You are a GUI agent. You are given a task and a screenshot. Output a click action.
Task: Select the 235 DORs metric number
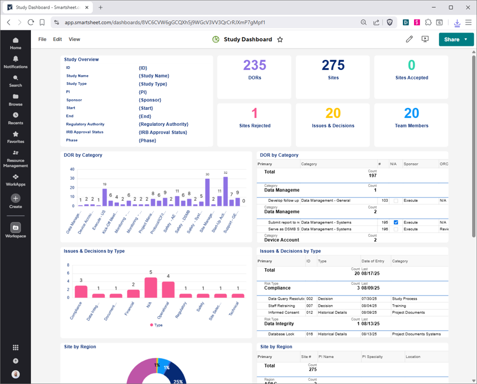click(255, 66)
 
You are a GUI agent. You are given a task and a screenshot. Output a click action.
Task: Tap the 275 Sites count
click(333, 66)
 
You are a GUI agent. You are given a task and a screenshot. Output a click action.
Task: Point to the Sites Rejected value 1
click(255, 113)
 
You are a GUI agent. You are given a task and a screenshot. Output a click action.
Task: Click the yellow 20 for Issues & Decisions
click(333, 113)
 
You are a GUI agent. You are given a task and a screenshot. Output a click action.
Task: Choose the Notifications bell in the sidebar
click(15, 59)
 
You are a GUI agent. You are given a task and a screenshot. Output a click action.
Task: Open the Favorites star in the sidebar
click(15, 134)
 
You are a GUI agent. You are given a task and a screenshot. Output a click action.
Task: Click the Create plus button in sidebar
click(15, 198)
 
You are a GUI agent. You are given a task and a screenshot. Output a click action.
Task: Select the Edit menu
click(57, 39)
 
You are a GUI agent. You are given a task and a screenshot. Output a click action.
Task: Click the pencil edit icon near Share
click(409, 39)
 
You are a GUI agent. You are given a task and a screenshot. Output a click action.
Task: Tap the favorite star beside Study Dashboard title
click(280, 39)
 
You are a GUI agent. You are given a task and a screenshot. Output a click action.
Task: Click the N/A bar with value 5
click(151, 287)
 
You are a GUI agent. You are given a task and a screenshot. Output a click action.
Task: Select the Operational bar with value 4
click(168, 289)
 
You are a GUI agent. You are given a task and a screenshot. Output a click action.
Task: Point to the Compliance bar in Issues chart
click(81, 291)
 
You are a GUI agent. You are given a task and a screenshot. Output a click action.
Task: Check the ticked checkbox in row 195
click(395, 222)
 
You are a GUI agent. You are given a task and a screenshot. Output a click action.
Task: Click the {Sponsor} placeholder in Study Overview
click(150, 100)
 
